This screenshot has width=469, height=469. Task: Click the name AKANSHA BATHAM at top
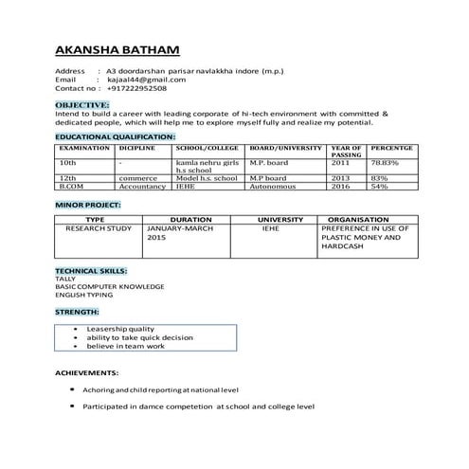[x=117, y=48]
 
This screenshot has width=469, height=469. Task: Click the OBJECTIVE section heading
[x=82, y=103]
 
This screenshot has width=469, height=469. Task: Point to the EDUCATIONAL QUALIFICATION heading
[x=115, y=137]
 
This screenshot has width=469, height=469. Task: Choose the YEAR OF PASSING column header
[x=346, y=152]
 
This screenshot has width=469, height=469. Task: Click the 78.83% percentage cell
[x=384, y=163]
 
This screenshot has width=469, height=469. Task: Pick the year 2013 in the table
[x=340, y=178]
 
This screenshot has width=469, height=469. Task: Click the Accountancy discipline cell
[x=143, y=187]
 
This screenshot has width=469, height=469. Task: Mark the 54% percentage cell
[x=379, y=187]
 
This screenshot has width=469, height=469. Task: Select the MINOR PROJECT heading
[x=88, y=204]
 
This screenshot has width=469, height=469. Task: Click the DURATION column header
[x=189, y=220]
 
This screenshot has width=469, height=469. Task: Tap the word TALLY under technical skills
[x=64, y=279]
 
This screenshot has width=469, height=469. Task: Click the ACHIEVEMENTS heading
[x=86, y=372]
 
